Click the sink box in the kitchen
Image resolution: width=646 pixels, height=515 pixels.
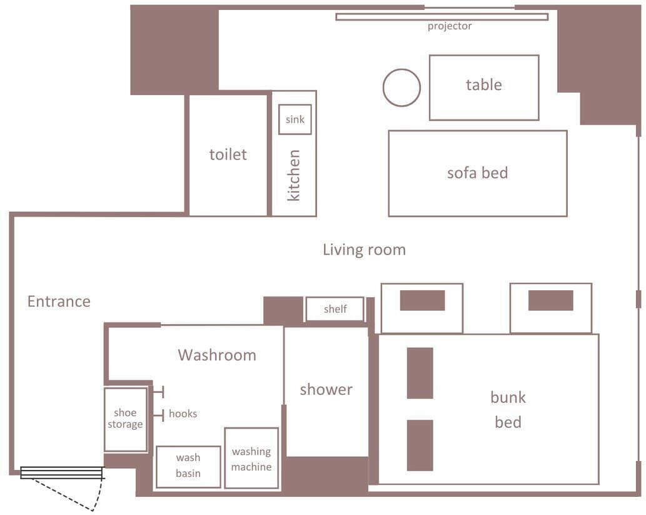[x=295, y=119]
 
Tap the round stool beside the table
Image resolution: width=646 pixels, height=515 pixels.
[x=401, y=88]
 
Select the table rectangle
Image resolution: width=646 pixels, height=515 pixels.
[x=483, y=88]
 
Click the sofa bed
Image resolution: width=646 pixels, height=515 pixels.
[x=477, y=173]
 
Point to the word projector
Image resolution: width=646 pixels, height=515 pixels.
[x=449, y=26]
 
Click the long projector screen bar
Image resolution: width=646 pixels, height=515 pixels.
[x=442, y=17]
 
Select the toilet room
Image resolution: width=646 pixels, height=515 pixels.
[x=228, y=155]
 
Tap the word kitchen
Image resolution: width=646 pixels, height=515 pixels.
[x=293, y=175]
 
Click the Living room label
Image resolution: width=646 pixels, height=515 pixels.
[x=364, y=250]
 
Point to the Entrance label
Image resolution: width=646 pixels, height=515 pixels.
[x=59, y=302]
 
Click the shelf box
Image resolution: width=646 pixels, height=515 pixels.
[x=335, y=309]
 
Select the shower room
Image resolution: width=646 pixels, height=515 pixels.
[x=326, y=390]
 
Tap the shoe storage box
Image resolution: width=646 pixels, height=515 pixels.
[x=125, y=419]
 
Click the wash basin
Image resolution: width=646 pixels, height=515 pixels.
[x=188, y=466]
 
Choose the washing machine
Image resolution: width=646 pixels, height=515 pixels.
[x=251, y=459]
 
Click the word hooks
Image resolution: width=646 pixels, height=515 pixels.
[x=183, y=414]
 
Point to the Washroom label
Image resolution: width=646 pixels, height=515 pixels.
[x=217, y=355]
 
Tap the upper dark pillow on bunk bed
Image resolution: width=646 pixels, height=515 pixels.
[x=420, y=373]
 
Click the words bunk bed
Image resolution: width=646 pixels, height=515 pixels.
[x=508, y=410]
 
